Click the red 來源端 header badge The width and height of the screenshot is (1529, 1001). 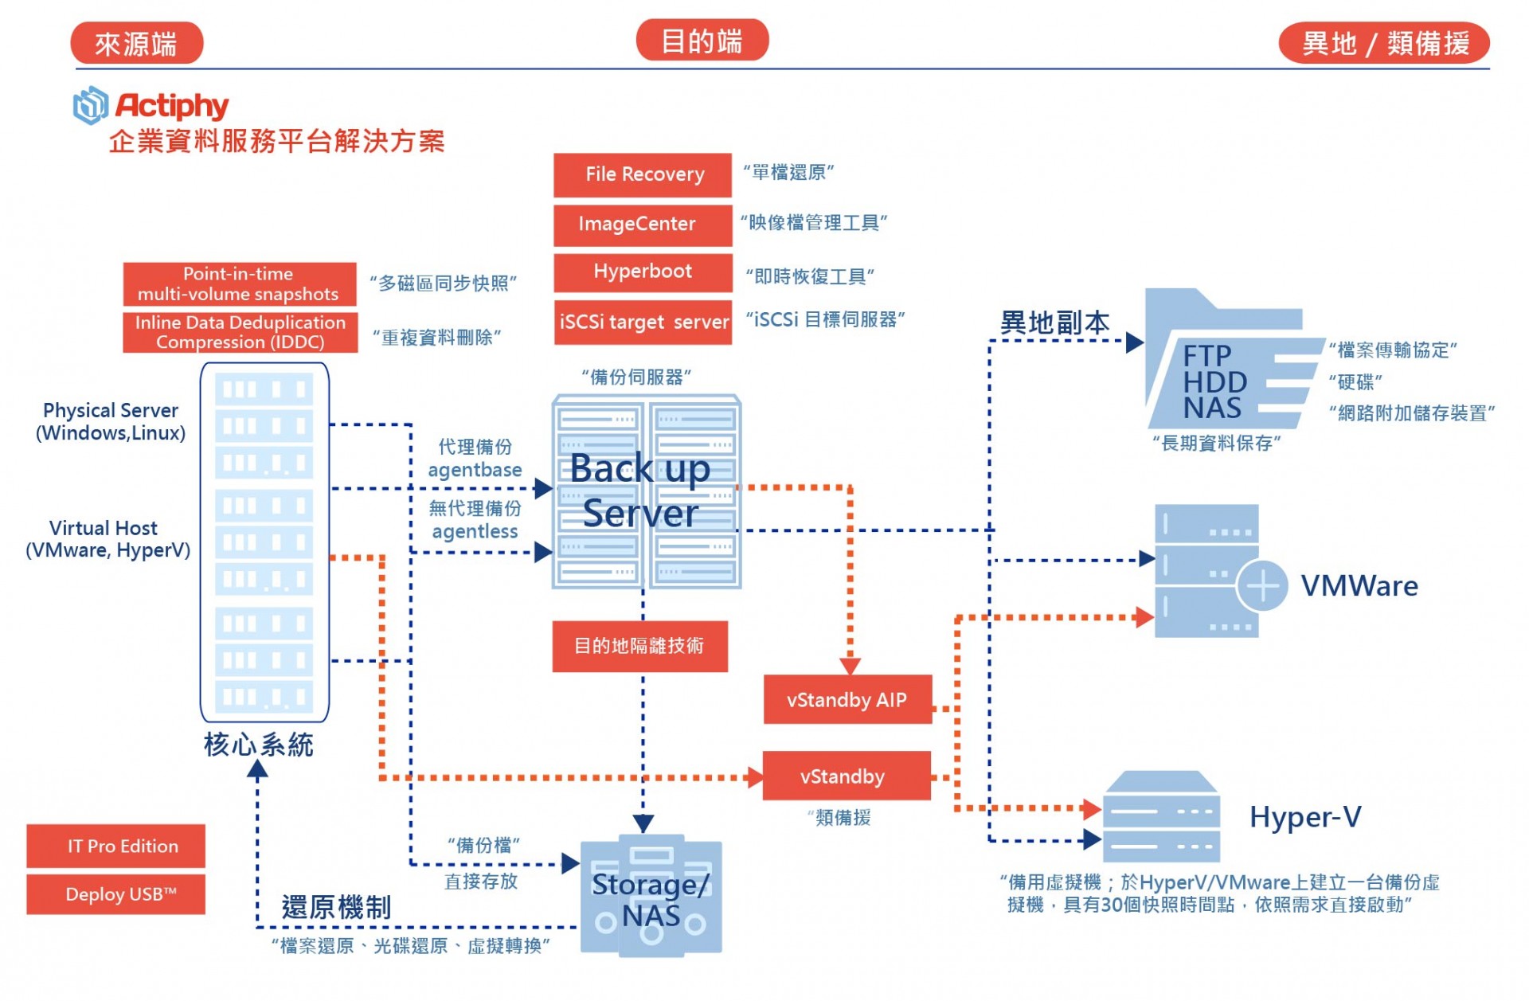136,43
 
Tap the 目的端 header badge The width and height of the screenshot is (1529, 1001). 702,41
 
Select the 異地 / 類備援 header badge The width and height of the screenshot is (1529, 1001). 1384,43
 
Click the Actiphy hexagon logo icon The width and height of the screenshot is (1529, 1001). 91,105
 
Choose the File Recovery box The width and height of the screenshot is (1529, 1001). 643,174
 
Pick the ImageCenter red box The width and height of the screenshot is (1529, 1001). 643,225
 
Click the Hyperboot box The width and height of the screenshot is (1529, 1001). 643,272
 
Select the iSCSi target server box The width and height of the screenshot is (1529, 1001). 643,322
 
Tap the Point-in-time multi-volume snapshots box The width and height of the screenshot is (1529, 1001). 239,284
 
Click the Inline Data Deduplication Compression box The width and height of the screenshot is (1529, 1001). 240,332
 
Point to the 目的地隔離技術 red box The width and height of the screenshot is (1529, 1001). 639,646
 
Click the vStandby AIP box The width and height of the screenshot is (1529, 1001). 847,700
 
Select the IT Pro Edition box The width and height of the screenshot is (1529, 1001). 115,846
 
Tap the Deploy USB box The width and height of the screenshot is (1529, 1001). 115,894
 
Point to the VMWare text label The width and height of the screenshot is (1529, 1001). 1359,586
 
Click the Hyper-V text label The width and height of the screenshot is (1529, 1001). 1305,817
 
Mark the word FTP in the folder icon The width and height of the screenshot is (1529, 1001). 1207,355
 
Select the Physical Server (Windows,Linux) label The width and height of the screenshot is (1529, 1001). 111,421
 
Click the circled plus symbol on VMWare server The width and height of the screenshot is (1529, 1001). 1262,586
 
